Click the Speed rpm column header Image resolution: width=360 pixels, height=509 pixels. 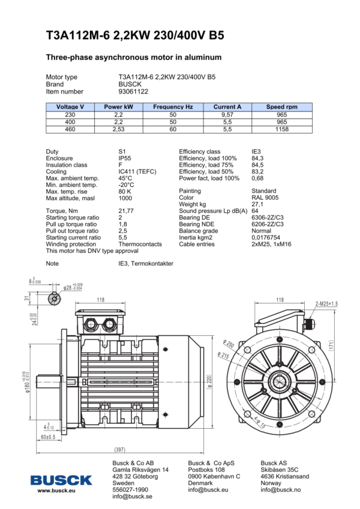pos(282,107)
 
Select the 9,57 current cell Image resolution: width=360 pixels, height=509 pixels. pos(227,114)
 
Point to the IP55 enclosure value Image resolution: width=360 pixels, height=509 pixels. pos(125,158)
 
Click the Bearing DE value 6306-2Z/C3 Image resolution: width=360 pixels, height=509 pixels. pos(268,218)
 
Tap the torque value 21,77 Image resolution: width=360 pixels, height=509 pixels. pos(126,211)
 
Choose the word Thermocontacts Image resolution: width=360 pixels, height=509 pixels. pos(140,245)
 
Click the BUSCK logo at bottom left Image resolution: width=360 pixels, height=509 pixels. pos(62,480)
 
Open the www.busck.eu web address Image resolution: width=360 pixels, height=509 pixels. pos(56,491)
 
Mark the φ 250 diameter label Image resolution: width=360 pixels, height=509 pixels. pos(229,344)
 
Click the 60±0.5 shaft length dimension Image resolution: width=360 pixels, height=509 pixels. pos(48,437)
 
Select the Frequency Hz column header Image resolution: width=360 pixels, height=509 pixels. pos(173,107)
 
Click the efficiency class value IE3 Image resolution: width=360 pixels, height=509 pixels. pos(257,152)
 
